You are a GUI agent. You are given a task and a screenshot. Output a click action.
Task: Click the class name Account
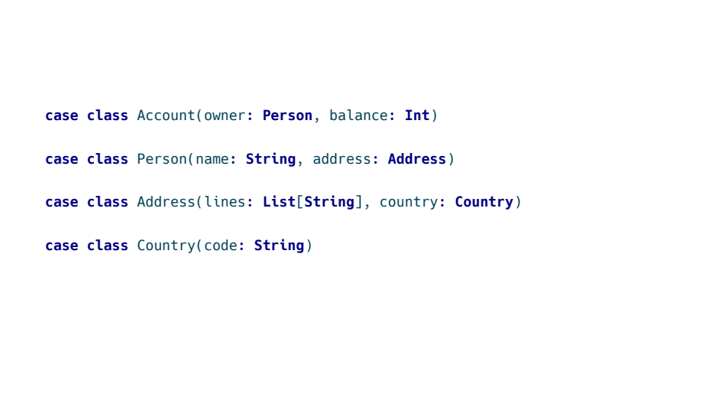[166, 116]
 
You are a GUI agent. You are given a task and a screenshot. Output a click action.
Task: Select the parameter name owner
[225, 116]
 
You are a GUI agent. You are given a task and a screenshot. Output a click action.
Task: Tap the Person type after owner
[287, 116]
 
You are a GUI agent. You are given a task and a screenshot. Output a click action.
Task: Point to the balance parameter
[358, 116]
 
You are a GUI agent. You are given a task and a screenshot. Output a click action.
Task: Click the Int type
[417, 116]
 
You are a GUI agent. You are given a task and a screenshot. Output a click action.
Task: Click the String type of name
[270, 159]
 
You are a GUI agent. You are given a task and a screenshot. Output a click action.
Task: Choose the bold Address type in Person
[417, 159]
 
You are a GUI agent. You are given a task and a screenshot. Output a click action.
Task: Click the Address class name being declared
[166, 202]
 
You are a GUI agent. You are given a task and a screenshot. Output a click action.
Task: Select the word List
[279, 202]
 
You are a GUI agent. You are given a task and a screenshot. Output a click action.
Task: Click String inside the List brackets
[329, 202]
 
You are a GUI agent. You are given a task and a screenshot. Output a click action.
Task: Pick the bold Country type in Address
[484, 202]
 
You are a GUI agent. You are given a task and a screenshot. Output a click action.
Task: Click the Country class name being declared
[166, 246]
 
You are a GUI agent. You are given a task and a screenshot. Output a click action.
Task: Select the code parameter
[221, 246]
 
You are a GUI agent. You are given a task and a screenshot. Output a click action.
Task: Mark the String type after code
[279, 246]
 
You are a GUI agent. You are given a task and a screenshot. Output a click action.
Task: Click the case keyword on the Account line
[61, 116]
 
